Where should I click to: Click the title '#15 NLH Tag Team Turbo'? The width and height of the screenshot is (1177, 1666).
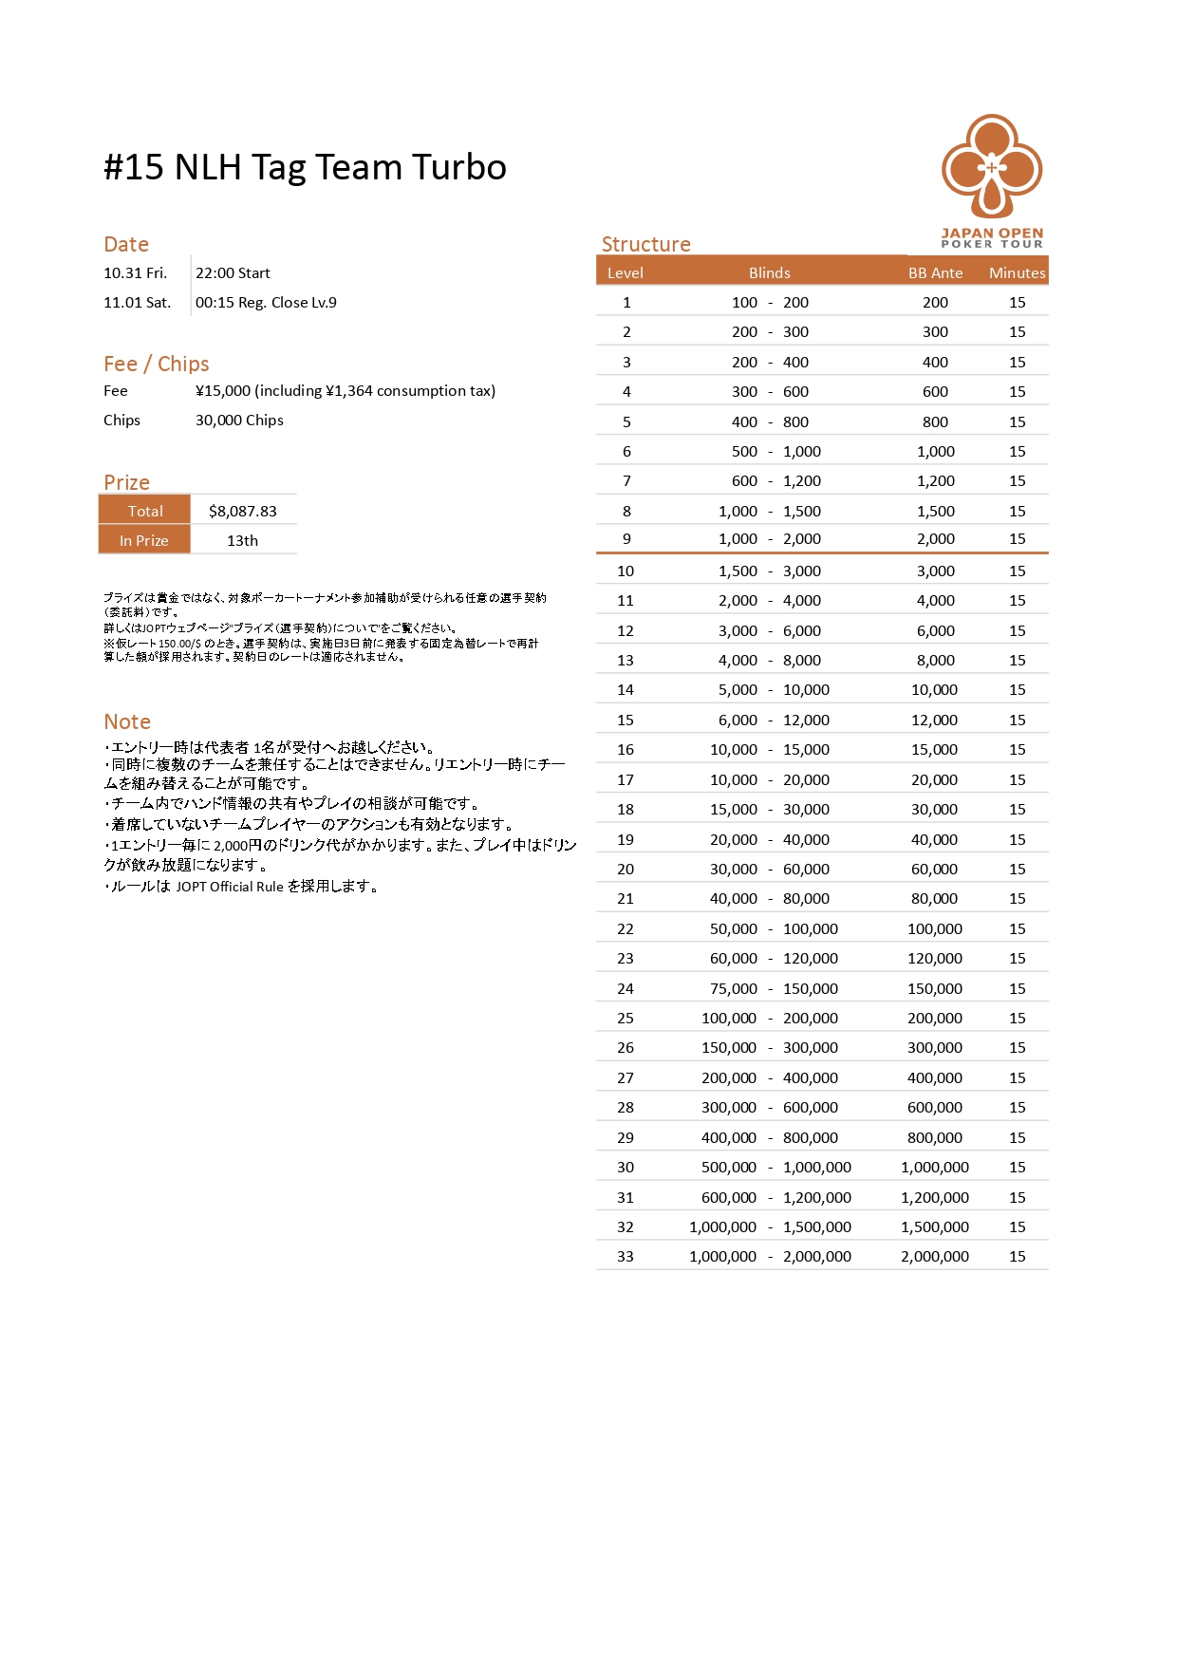[x=305, y=167]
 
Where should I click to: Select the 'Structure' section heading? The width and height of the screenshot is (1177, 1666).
[x=645, y=244]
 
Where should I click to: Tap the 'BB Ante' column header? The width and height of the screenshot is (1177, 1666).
[x=935, y=272]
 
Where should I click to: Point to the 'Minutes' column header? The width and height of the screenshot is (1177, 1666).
[x=1017, y=272]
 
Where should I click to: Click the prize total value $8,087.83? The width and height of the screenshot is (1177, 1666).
[x=243, y=511]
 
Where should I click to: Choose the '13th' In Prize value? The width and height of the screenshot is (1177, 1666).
[x=242, y=540]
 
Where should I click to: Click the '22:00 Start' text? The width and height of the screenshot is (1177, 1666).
[x=233, y=272]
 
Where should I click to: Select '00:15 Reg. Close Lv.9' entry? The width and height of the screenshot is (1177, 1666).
[x=266, y=302]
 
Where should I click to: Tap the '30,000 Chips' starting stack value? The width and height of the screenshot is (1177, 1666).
[x=239, y=420]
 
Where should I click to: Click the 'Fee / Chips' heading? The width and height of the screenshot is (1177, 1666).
[x=156, y=364]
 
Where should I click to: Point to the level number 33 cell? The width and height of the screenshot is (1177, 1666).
[x=626, y=1256]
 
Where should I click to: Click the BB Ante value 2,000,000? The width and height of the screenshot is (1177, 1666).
[x=935, y=1256]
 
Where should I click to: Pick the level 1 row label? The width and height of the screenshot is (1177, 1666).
[x=626, y=302]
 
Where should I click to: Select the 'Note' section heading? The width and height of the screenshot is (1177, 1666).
[x=127, y=721]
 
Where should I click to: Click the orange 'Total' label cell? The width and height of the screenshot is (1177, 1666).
[x=145, y=511]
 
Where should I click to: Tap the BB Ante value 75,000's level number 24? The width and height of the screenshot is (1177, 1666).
[x=626, y=988]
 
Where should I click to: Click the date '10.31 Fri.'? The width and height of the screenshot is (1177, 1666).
[x=135, y=272]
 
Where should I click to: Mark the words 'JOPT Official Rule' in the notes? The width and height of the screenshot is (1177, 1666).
[x=230, y=887]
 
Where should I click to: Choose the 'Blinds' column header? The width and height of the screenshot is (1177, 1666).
[x=769, y=272]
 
